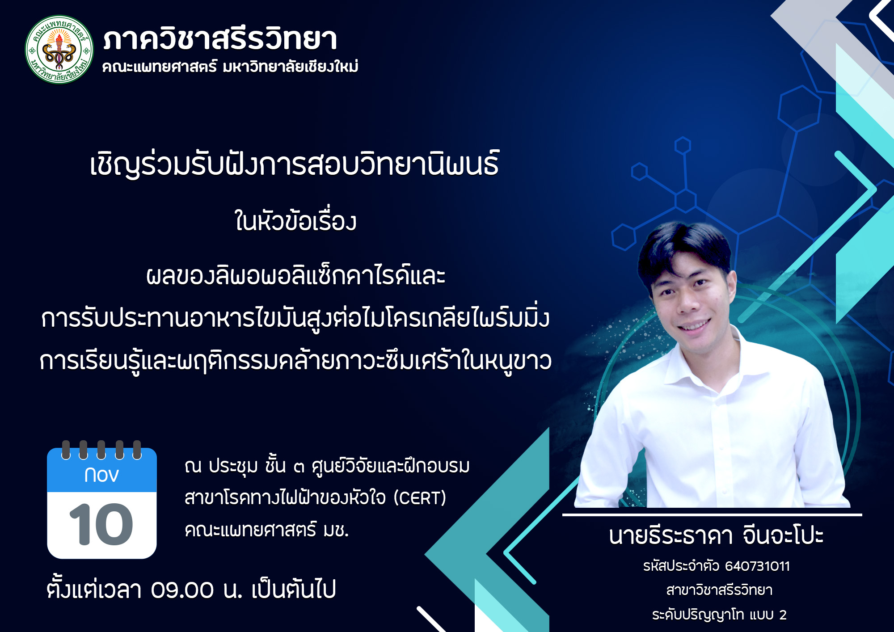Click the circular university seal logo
(59, 49)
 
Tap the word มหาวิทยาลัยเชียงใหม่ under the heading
(291, 67)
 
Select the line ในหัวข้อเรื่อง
(295, 221)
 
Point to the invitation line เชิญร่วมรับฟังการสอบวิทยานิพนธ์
(295, 164)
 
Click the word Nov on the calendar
(101, 475)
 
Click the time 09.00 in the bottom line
(182, 590)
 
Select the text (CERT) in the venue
(420, 498)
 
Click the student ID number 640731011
(757, 566)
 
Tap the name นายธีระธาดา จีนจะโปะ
(716, 535)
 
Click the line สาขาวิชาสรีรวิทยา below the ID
(719, 590)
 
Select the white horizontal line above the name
(712, 515)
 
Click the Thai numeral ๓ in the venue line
(299, 467)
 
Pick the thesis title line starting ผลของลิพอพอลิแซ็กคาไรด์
(295, 276)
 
